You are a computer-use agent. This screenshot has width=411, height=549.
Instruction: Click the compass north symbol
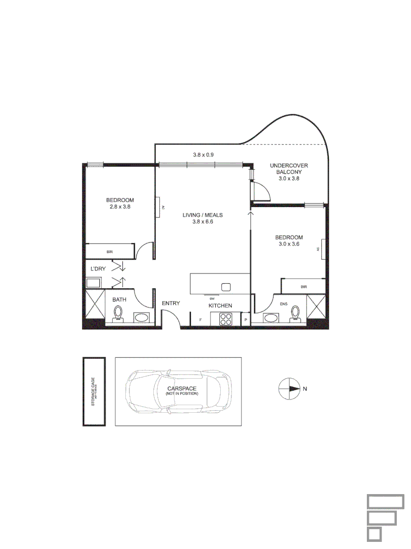pos(290,388)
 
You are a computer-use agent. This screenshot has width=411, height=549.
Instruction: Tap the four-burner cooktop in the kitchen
pos(225,319)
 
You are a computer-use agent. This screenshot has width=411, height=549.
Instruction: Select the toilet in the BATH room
pos(119,314)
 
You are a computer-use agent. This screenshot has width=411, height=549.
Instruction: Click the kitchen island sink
pos(226,287)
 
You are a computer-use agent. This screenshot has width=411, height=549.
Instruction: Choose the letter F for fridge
pos(201,319)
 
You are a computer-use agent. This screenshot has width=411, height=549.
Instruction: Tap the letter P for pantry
pos(246,320)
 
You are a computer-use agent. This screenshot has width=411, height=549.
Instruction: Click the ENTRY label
pos(171,303)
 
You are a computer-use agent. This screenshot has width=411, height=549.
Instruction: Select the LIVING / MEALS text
pos(203,218)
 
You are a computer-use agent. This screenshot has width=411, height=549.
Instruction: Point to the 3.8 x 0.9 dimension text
pos(203,155)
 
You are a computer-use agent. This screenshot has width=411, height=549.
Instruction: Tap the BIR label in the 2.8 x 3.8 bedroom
pos(109,252)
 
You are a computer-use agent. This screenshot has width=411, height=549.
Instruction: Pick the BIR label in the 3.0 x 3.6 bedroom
pos(303,287)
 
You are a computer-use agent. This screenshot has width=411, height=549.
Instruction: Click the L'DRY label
pos(98,268)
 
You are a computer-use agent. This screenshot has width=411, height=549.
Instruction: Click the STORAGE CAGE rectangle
pos(94,391)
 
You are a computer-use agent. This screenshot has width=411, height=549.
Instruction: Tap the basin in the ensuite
pos(271,318)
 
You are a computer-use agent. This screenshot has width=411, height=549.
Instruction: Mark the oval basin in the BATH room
pos(142,318)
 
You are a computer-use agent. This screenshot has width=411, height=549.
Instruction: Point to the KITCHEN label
pos(221,306)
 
